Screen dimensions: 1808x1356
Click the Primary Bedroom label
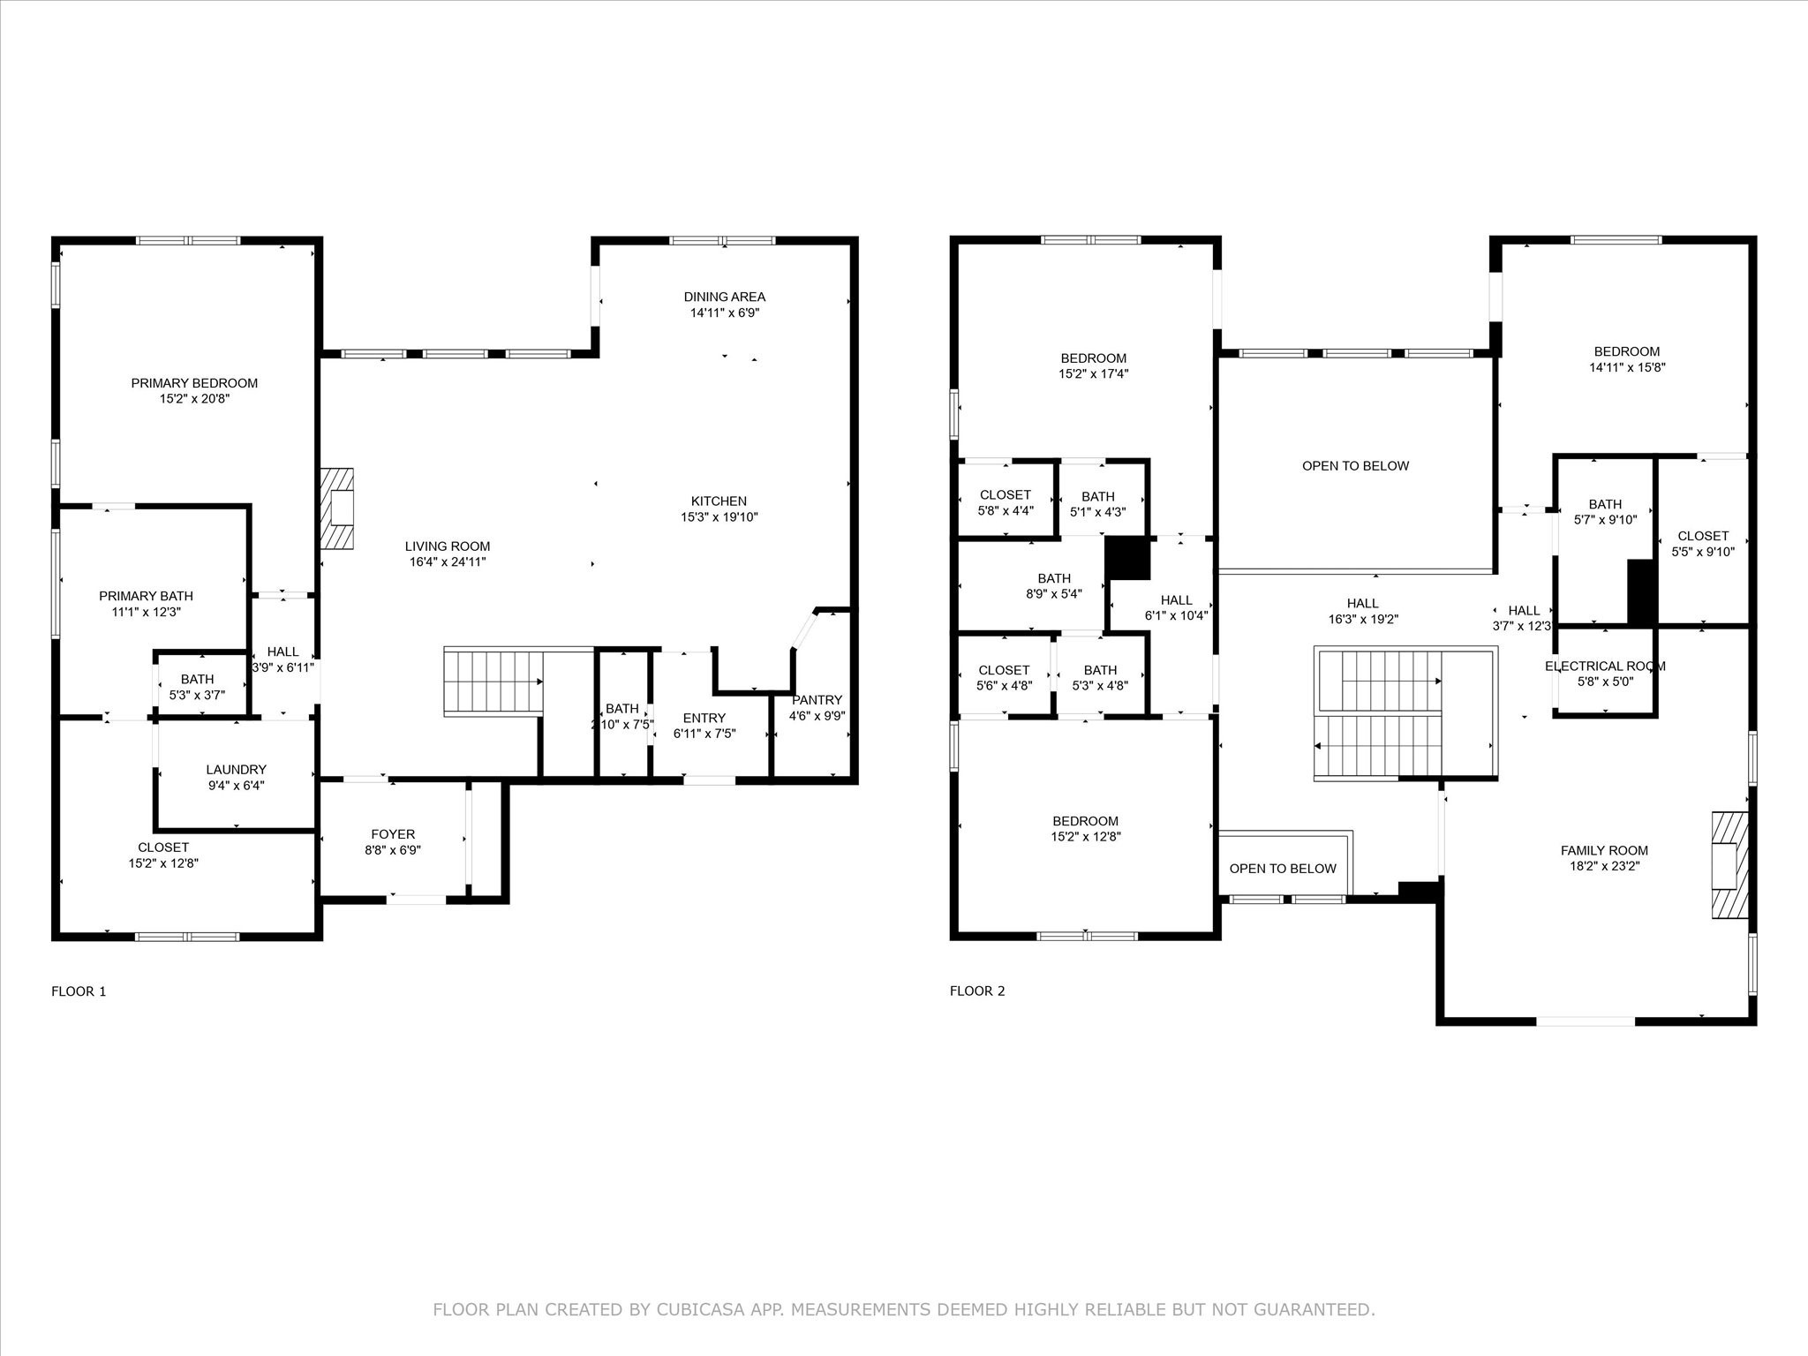coord(194,383)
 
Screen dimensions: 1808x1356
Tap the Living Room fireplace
coord(336,508)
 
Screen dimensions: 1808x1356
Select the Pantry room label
coord(817,700)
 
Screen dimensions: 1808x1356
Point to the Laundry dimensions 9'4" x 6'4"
coord(236,786)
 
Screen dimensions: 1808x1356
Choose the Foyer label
coord(393,834)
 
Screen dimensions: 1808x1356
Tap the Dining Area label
coord(725,297)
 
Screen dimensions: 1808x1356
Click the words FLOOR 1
coord(79,991)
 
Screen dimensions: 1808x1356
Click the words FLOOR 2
coord(977,991)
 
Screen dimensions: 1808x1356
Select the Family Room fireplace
coord(1730,865)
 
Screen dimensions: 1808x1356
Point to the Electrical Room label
coord(1605,667)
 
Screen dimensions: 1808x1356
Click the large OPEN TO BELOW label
coord(1356,466)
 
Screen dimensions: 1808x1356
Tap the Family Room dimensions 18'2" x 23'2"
coord(1605,867)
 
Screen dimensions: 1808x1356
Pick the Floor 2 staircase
coord(1405,713)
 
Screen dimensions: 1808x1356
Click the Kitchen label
coord(719,501)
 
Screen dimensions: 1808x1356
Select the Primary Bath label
coord(146,596)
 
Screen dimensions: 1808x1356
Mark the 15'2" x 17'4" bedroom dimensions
coord(1094,374)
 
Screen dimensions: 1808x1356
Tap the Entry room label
coord(704,718)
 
